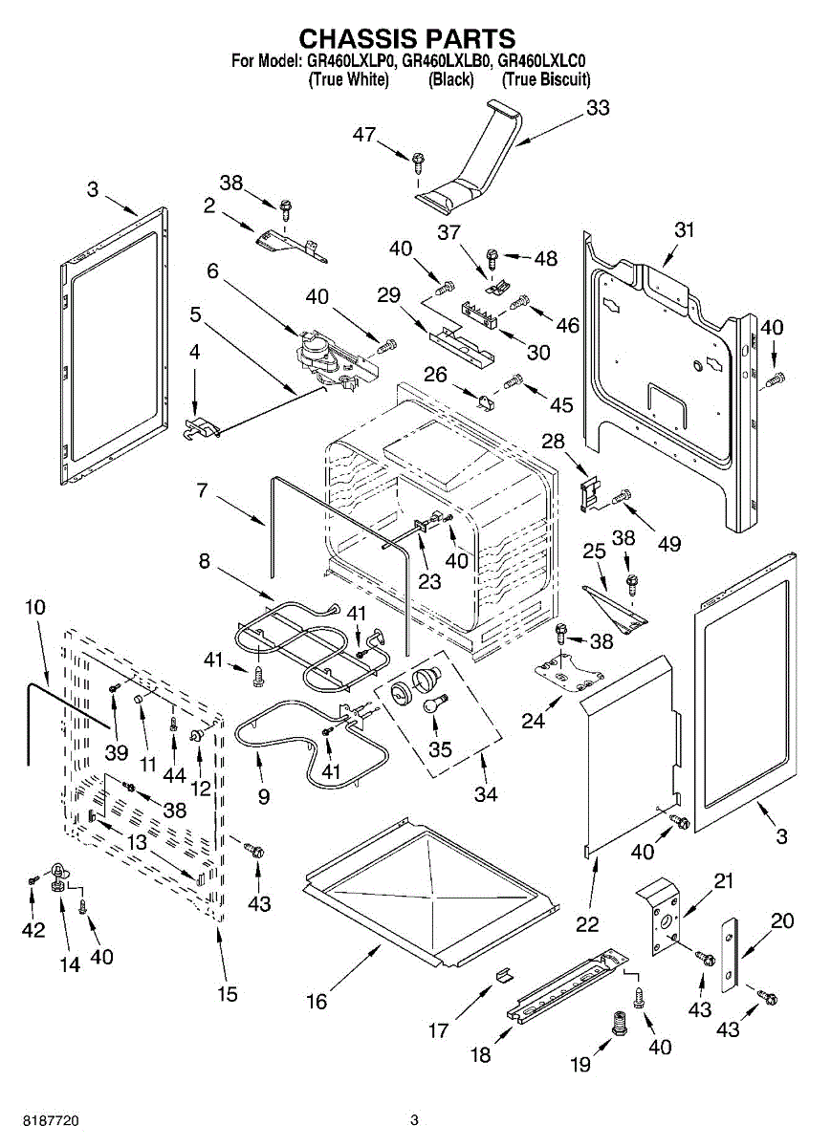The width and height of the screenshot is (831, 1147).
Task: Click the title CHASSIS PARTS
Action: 407,38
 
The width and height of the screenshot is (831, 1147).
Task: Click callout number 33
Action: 598,108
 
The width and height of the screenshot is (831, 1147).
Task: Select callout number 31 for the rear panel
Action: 684,229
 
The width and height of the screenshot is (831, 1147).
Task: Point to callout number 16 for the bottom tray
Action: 317,1001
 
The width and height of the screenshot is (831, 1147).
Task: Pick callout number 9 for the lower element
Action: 264,795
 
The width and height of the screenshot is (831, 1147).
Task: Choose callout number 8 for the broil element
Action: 205,562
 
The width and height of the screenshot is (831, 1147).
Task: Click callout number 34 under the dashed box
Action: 486,793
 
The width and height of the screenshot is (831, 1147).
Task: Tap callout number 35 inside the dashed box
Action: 440,748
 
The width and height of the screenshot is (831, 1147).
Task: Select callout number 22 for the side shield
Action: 587,924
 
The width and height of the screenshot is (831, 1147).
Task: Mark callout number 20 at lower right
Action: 782,920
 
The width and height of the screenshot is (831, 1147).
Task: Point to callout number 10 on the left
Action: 35,607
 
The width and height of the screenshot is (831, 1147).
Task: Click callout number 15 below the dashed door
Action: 227,994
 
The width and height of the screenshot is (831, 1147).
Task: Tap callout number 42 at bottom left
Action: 33,930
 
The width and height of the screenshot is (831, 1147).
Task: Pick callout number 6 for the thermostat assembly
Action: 212,271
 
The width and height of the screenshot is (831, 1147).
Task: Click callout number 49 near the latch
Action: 668,544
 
